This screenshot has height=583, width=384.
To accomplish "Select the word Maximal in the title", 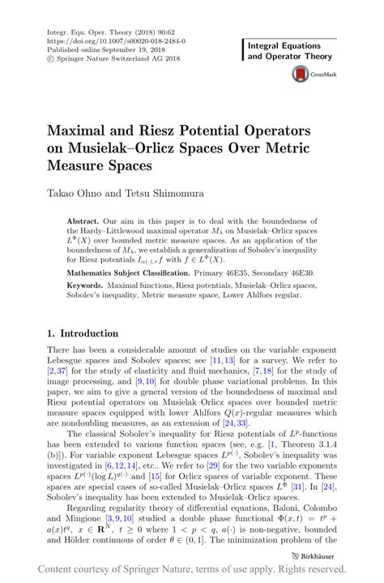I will pos(83,130).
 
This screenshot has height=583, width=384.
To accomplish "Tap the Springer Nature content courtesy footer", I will pos(191,570).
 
